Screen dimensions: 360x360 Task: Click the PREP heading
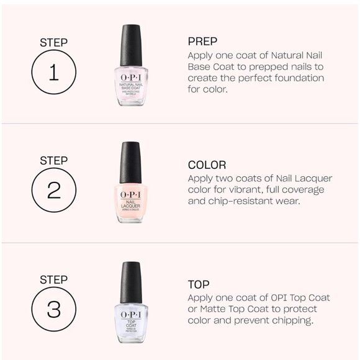click(202, 42)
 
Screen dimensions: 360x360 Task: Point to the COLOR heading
click(207, 165)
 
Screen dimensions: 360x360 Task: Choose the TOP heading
click(200, 284)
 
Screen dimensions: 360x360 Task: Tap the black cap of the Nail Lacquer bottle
click(131, 163)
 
